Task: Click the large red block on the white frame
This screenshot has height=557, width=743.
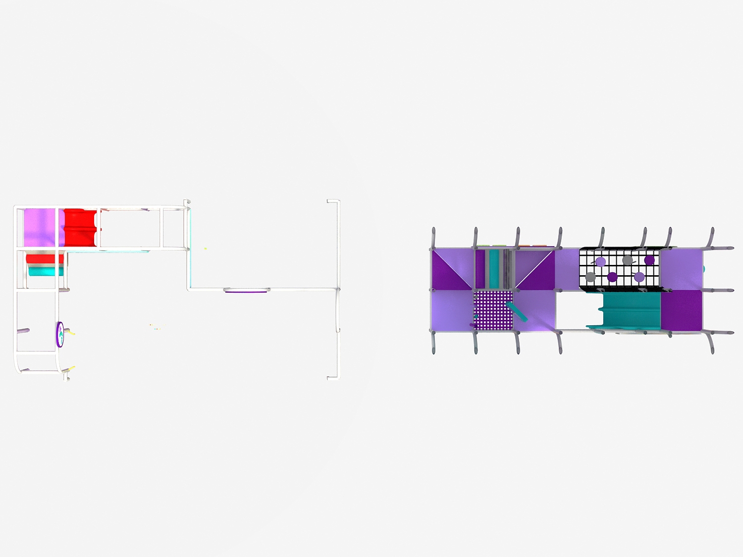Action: click(x=80, y=228)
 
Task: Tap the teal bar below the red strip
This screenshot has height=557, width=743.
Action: click(x=46, y=271)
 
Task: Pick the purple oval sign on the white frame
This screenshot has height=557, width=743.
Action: click(x=60, y=335)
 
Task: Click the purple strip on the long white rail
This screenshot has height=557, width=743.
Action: click(x=247, y=291)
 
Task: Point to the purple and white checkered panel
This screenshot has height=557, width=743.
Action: click(x=493, y=310)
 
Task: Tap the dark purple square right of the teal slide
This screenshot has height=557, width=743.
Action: click(x=682, y=310)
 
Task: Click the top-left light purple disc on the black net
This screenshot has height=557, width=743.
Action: click(x=600, y=262)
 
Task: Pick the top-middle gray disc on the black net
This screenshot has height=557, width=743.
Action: click(x=628, y=260)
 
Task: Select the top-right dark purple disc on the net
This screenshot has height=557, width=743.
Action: click(x=649, y=260)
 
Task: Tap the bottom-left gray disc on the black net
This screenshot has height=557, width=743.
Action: click(x=590, y=277)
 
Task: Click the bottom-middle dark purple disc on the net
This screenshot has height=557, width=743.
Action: click(x=613, y=277)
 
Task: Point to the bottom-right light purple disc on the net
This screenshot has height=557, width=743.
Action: click(x=639, y=277)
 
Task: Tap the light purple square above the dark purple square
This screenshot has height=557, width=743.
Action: click(x=682, y=269)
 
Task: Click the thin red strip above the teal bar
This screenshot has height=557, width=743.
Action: click(x=45, y=259)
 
